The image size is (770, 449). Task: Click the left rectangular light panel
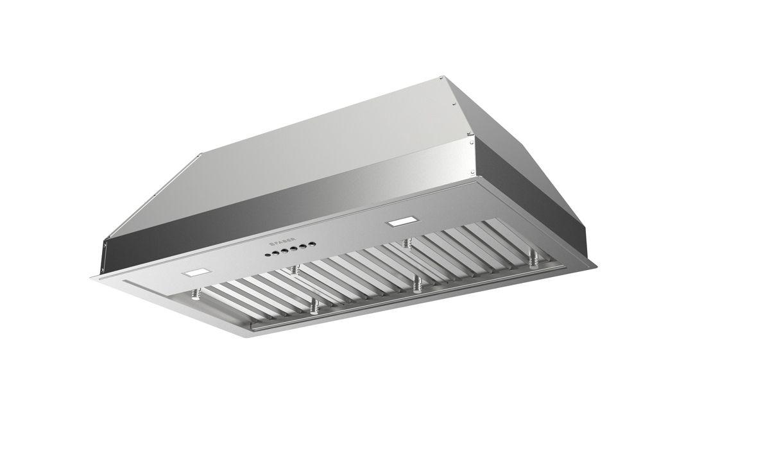(196, 273)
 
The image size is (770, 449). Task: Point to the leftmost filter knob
(193, 295)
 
